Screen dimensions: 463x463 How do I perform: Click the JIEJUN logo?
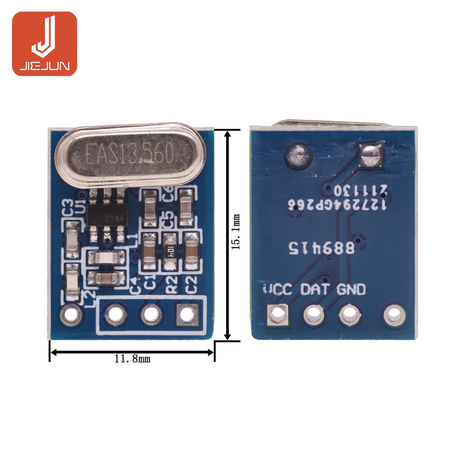pyautogui.click(x=44, y=43)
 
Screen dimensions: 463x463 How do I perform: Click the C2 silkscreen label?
pyautogui.click(x=192, y=285)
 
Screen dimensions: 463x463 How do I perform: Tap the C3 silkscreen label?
pyautogui.click(x=68, y=208)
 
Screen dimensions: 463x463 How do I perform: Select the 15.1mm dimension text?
pyautogui.click(x=236, y=231)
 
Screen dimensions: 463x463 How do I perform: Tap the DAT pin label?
pyautogui.click(x=316, y=289)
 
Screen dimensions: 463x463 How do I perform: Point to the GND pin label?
pyautogui.click(x=351, y=289)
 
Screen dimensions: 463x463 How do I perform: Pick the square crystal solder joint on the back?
pyautogui.click(x=370, y=156)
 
